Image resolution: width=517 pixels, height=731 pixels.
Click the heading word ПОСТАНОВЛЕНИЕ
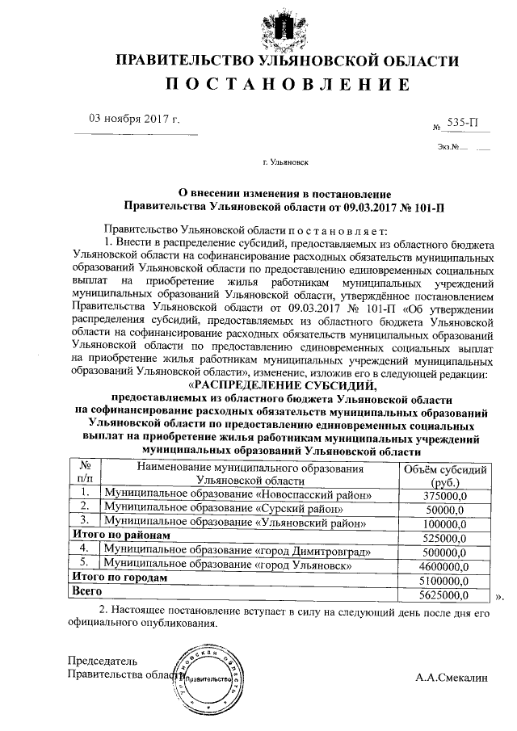click(288, 85)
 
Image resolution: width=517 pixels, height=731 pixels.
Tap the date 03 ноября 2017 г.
click(134, 120)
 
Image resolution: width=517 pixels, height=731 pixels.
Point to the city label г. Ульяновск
click(286, 162)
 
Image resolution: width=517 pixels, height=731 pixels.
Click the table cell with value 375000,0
click(445, 495)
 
